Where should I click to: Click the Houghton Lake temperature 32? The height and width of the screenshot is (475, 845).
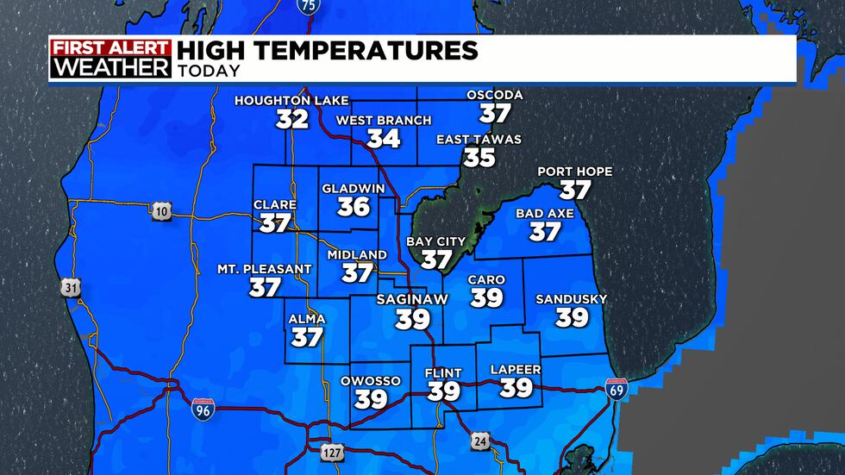[x=292, y=119]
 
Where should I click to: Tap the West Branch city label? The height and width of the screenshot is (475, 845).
[x=383, y=121]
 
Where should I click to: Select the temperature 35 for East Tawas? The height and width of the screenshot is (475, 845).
[x=479, y=158]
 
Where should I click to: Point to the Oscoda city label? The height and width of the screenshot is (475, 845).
[x=495, y=95]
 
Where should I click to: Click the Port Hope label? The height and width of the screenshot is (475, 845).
[x=574, y=172]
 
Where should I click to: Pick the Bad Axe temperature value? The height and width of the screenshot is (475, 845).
[x=545, y=232]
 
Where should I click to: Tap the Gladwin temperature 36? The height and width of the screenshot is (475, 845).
[x=354, y=207]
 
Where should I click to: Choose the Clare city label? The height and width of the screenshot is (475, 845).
[x=274, y=205]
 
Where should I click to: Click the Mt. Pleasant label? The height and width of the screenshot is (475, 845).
[x=264, y=269]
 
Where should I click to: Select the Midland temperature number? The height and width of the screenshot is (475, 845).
[x=357, y=273]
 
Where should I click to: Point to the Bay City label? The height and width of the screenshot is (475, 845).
[x=436, y=241]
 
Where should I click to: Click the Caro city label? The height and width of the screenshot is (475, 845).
[x=486, y=280]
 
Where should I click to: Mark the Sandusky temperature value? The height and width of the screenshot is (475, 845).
[x=572, y=318]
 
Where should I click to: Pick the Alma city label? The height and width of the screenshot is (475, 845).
[x=307, y=319]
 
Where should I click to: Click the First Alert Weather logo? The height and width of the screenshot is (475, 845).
[x=110, y=59]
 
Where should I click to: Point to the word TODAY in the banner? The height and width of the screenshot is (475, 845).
[x=209, y=72]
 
